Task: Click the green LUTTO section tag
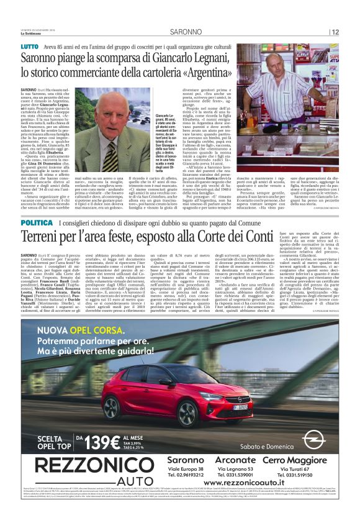[x=29, y=46]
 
